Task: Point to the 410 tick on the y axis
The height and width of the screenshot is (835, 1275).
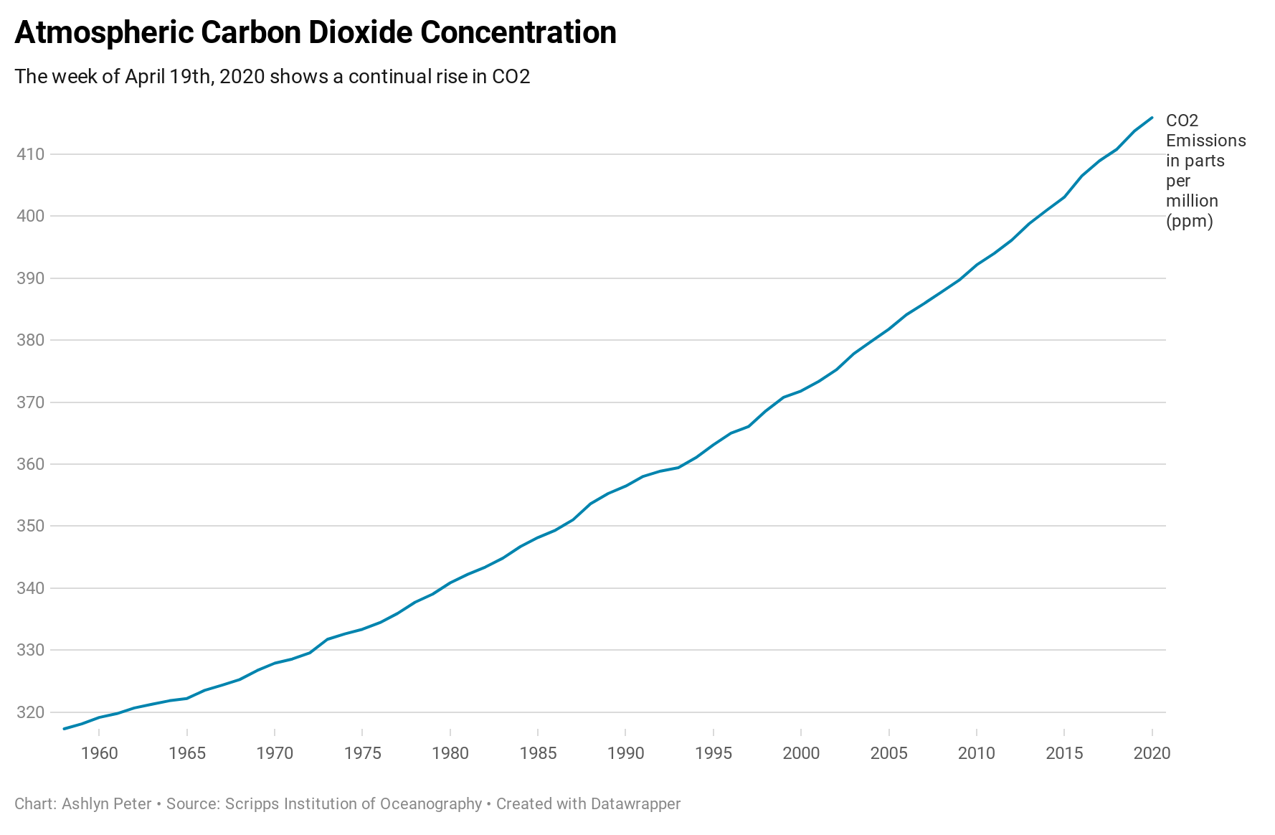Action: click(x=30, y=154)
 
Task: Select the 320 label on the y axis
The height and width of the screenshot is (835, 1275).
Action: click(x=30, y=712)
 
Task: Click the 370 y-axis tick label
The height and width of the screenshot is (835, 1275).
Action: click(x=30, y=402)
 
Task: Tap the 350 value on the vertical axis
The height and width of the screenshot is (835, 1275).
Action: click(x=30, y=526)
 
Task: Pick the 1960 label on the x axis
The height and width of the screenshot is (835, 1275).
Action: click(x=99, y=753)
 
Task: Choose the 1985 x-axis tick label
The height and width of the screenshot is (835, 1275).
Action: click(x=538, y=753)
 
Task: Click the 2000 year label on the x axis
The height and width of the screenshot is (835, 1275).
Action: click(x=801, y=753)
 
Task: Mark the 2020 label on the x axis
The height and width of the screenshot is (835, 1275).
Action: click(x=1152, y=753)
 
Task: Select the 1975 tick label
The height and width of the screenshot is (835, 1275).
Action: click(x=362, y=753)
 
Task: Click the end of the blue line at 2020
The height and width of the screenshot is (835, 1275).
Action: click(x=1152, y=118)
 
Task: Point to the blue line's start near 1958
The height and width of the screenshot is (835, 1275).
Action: click(x=65, y=729)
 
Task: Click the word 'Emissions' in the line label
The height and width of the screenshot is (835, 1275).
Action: click(x=1205, y=141)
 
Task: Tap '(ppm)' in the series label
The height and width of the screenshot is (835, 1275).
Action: click(x=1189, y=221)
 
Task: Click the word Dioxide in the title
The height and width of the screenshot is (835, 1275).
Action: click(x=359, y=33)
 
